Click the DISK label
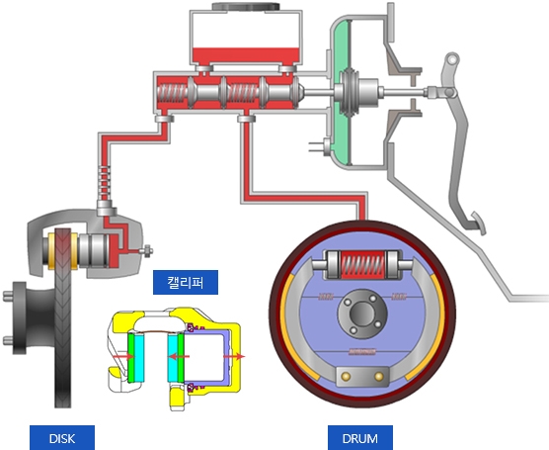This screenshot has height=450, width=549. (x=62, y=438)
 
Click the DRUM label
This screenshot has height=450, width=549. (x=360, y=438)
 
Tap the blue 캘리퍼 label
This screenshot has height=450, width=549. (x=186, y=282)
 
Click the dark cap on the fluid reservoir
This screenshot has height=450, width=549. (x=246, y=6)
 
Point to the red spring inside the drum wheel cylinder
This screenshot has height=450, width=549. (x=362, y=265)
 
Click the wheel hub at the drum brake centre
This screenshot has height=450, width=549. (x=362, y=313)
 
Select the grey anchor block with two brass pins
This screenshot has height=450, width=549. (x=362, y=377)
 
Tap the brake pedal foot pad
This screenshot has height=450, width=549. (x=479, y=223)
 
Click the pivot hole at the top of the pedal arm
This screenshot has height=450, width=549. (x=452, y=60)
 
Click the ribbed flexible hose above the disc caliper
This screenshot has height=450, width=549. (x=105, y=182)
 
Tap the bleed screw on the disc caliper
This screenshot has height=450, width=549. (x=146, y=251)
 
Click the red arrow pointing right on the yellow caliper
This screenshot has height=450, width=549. (x=234, y=357)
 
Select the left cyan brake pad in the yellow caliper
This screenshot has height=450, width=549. (x=139, y=358)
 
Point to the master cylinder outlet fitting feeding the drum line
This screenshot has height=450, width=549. (x=246, y=119)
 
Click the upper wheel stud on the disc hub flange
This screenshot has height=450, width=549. (x=8, y=297)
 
